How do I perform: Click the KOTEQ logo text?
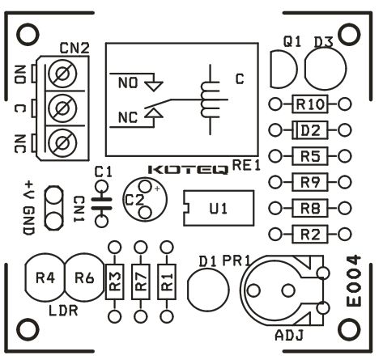coord(188,170)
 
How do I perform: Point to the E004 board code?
coord(354,281)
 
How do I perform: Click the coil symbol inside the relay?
coord(210,100)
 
